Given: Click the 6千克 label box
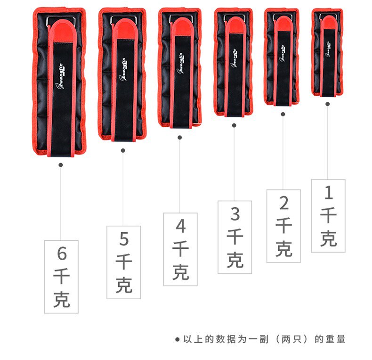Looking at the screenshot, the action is tap(61, 277).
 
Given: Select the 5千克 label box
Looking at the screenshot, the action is tap(123, 262).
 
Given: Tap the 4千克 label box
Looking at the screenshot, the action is tap(180, 249).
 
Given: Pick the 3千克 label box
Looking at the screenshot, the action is tap(235, 237).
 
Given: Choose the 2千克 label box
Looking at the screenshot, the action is tap(283, 226).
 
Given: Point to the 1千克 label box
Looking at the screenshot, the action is tap(328, 215).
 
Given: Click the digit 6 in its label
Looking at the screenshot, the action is tap(62, 254).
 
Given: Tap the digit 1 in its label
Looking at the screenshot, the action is tap(329, 193).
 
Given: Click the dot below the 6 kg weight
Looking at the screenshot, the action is tap(60, 164).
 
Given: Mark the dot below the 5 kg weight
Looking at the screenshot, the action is tap(123, 150).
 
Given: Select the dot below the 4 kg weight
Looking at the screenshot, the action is tap(179, 138).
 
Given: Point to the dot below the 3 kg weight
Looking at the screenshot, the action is tap(234, 125).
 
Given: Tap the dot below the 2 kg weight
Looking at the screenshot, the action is tap(283, 114).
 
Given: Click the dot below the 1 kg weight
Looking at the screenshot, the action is tap(328, 104).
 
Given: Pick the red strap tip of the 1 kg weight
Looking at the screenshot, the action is tap(328, 19).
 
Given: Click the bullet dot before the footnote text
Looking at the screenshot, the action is tap(177, 339).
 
